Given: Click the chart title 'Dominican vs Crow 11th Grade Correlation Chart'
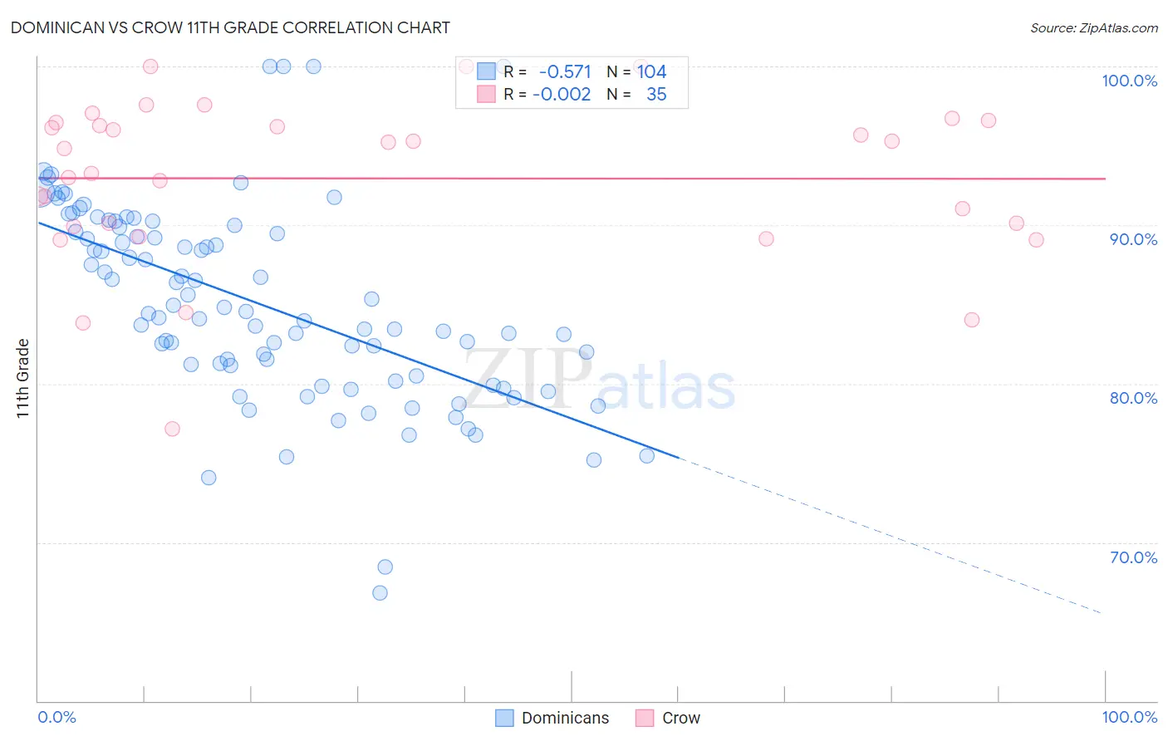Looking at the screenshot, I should pyautogui.click(x=230, y=27).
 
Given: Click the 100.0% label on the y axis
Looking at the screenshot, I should pyautogui.click(x=1129, y=81).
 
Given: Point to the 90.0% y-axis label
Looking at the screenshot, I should pyautogui.click(x=1133, y=239).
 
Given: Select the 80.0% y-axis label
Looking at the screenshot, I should pyautogui.click(x=1133, y=398).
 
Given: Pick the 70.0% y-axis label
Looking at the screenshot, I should pyautogui.click(x=1133, y=557).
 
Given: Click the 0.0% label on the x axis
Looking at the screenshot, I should pyautogui.click(x=56, y=717).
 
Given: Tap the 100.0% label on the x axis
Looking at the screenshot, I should pyautogui.click(x=1129, y=717).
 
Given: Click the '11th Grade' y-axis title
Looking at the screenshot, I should pyautogui.click(x=23, y=378).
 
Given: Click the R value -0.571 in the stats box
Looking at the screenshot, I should pyautogui.click(x=565, y=72).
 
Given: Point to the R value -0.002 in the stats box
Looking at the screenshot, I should pyautogui.click(x=562, y=95).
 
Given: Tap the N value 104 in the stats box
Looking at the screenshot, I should pyautogui.click(x=652, y=72).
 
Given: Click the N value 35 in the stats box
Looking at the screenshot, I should pyautogui.click(x=656, y=95).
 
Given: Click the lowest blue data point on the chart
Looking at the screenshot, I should pyautogui.click(x=380, y=593).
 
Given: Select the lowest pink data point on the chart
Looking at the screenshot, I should pyautogui.click(x=172, y=429).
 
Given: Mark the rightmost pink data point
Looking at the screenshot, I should pyautogui.click(x=1036, y=240).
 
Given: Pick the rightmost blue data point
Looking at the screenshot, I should pyautogui.click(x=646, y=455).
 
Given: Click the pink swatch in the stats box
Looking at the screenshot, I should pyautogui.click(x=486, y=95).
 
